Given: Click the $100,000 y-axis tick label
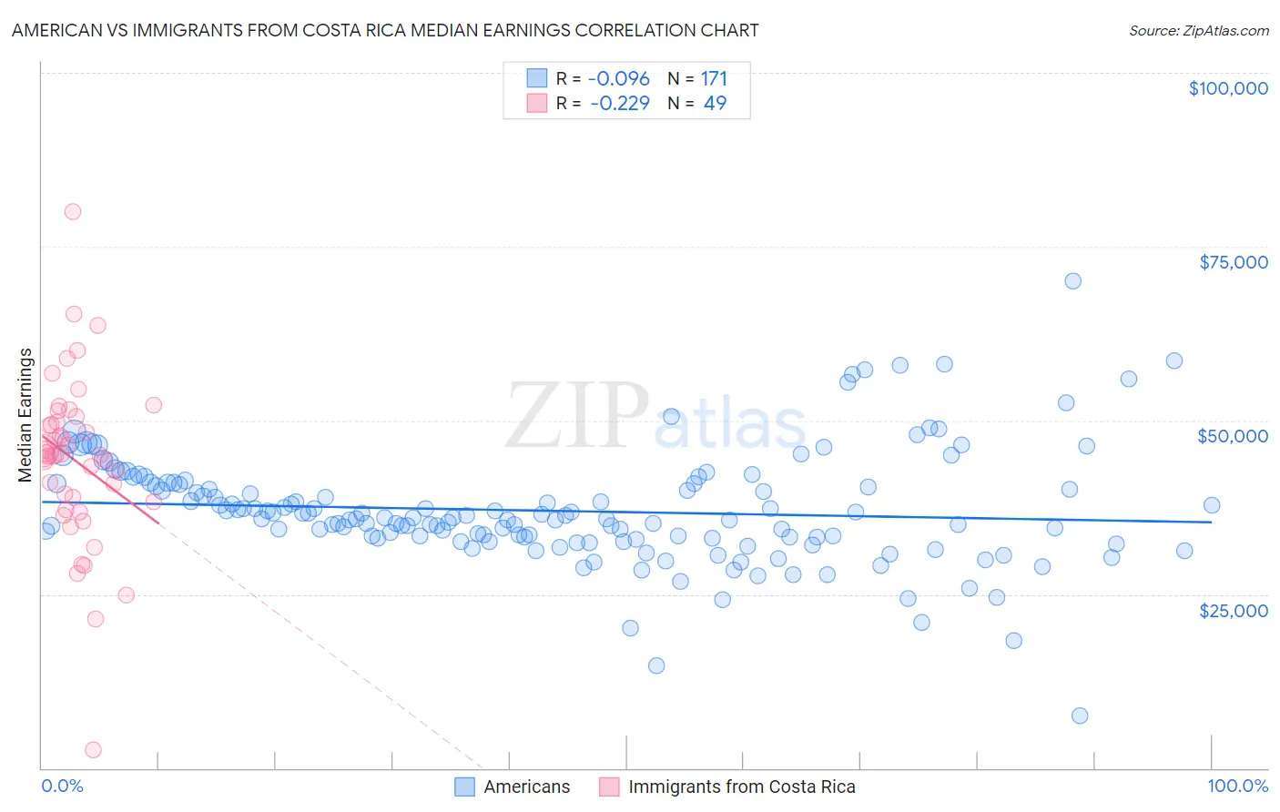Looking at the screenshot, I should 1227,88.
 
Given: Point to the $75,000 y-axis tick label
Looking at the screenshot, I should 1233,262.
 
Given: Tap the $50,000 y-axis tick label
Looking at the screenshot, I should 1232,436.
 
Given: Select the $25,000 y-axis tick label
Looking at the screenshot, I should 1233,610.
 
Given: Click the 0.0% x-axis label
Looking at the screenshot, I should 62,786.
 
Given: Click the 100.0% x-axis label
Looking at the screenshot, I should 1237,786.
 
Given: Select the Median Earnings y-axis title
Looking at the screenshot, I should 25,414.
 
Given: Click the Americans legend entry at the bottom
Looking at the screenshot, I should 526,787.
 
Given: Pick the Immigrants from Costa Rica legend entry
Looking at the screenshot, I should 741,787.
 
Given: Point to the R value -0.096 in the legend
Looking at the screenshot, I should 619,79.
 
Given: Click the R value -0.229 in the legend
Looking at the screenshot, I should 619,103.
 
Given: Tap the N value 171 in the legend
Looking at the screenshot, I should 714,79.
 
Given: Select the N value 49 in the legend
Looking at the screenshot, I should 715,103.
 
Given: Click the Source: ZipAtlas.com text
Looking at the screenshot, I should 1198,31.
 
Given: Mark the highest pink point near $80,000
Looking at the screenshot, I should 73,212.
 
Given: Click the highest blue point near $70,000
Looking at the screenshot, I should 1072,281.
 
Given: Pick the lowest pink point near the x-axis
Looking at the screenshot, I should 93,750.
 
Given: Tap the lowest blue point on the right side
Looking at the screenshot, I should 1080,716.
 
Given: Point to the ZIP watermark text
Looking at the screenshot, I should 577,415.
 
